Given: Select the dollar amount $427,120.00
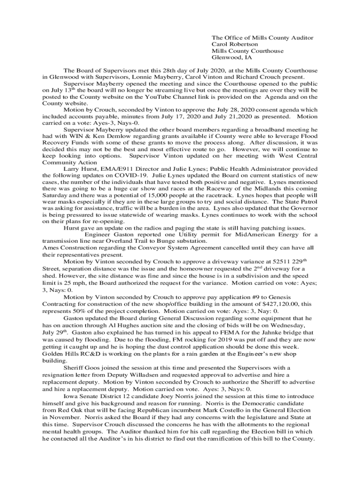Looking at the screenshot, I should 256,304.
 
